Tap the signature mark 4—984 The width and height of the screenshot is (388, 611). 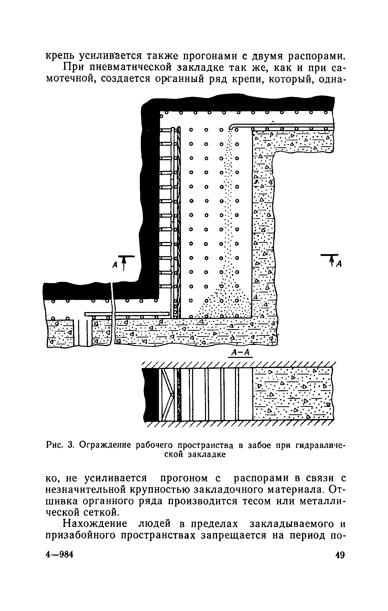(60, 555)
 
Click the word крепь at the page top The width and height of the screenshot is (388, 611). (61, 56)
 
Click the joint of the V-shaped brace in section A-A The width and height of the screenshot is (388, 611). (172, 394)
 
